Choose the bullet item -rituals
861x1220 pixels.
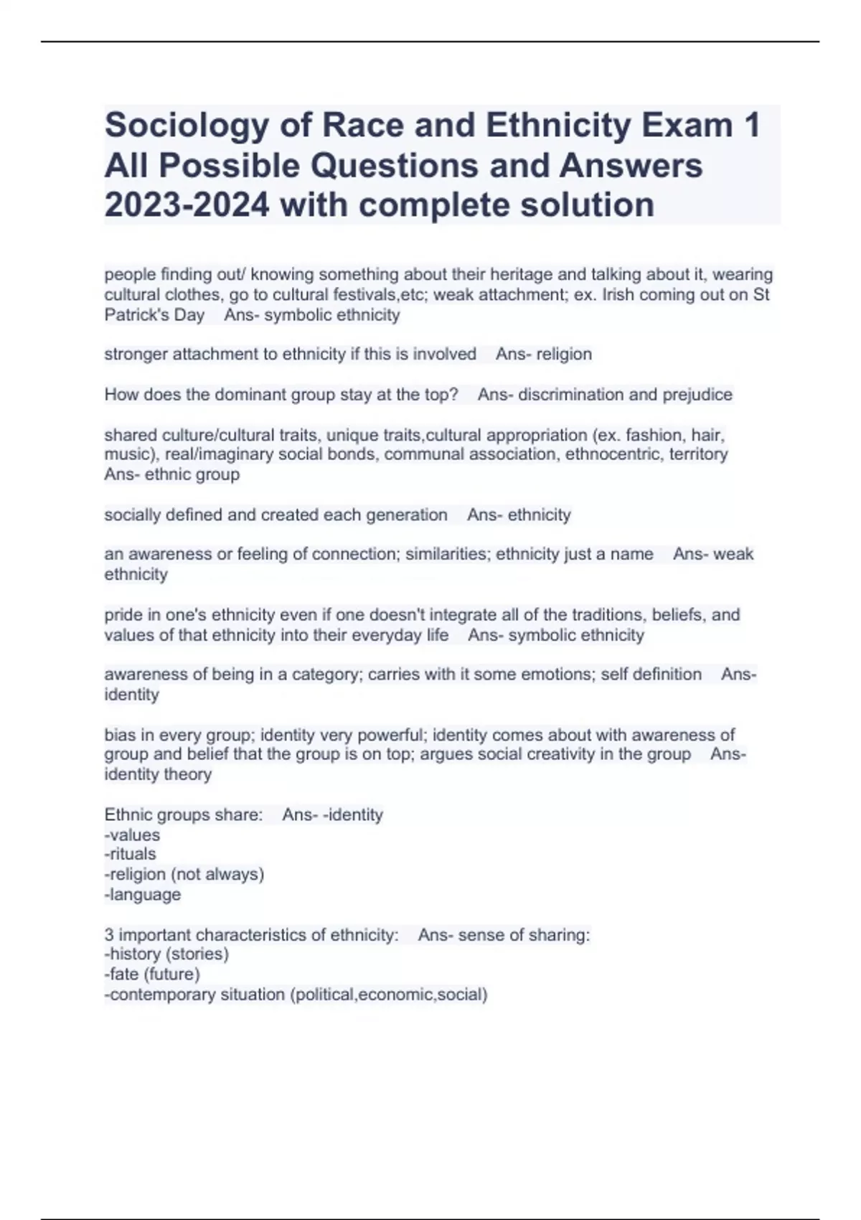[x=130, y=854]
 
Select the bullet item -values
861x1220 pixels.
[x=132, y=835]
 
